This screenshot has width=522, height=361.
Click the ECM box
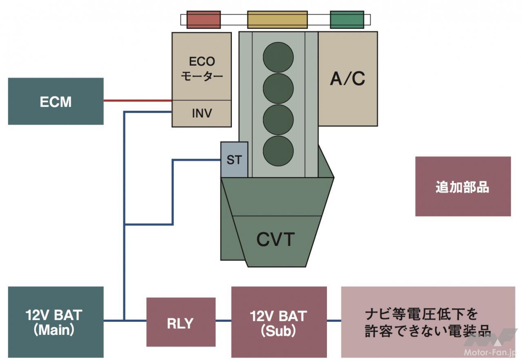pos(56,101)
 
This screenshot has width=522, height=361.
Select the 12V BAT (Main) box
pos(56,322)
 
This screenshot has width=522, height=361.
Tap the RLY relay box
pos(181,322)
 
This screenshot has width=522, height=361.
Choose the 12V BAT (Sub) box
pos(279,322)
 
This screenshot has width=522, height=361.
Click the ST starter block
pos(234,159)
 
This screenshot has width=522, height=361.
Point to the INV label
pos(202,113)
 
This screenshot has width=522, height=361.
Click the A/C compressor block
pos(348,79)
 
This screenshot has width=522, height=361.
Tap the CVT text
pos(275,239)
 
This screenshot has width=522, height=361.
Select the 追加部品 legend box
pos(463,186)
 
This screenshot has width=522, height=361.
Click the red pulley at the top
pos(204,20)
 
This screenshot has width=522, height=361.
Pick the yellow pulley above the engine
pos(277,20)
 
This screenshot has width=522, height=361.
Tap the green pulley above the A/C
pos(347,20)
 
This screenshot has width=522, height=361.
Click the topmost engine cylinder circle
pos(278,58)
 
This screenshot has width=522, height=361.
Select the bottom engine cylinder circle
pos(278,151)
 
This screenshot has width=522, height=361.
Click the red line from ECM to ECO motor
pos(137,100)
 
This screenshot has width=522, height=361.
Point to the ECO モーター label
pos(202,69)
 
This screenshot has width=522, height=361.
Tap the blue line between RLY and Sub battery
pos(223,321)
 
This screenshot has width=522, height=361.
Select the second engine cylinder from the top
pos(278,89)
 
